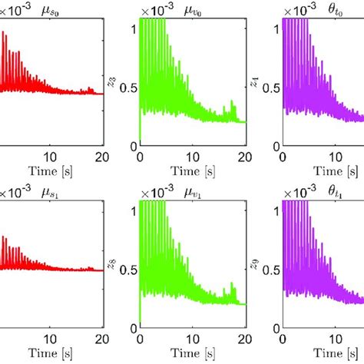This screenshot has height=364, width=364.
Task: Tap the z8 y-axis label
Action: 114,263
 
